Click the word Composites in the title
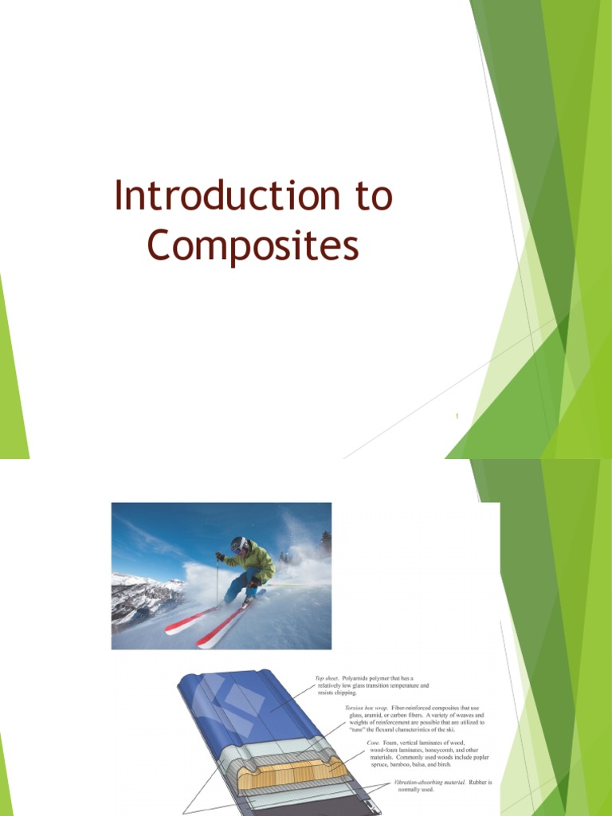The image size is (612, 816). (253, 246)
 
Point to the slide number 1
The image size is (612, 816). (458, 416)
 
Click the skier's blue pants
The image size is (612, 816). (237, 588)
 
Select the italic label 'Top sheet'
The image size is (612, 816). (328, 677)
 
